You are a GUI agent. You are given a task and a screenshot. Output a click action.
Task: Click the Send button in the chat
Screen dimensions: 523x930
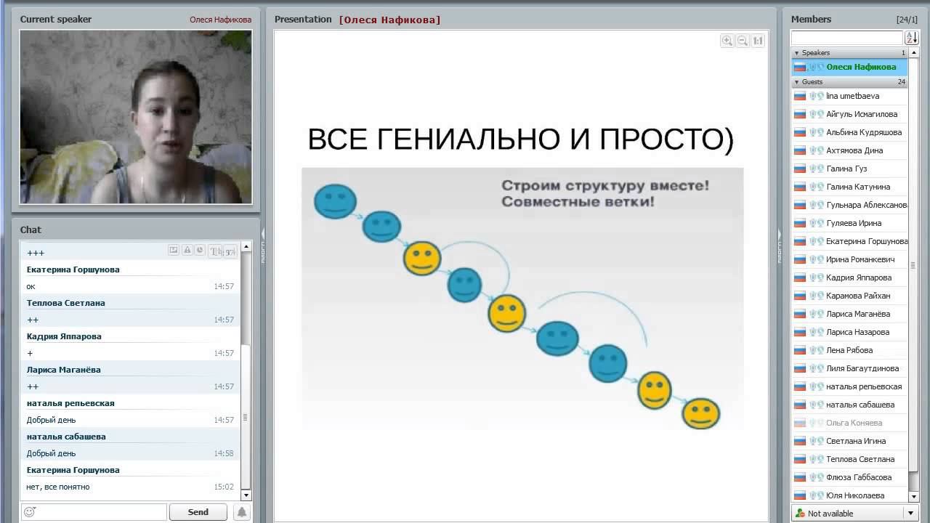[x=198, y=512]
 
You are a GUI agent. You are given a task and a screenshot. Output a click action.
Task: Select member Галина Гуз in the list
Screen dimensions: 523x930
[x=846, y=169]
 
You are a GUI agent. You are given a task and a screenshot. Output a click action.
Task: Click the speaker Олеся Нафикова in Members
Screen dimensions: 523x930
[x=860, y=67]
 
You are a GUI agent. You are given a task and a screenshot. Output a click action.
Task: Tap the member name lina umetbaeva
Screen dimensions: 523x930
[x=852, y=96]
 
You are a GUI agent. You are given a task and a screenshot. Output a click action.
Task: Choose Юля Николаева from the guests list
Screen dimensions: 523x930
[x=854, y=495]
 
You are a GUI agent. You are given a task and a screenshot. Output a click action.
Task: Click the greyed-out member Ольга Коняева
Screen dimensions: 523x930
[x=854, y=423]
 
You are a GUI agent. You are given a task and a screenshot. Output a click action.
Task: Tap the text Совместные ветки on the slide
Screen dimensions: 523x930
[x=577, y=201]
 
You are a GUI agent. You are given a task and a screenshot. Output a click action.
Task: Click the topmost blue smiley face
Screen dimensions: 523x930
[x=335, y=201]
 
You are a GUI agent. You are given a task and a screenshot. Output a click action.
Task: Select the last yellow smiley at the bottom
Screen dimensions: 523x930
[x=700, y=413]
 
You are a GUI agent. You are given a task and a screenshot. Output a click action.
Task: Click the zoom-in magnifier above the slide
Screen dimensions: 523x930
[x=727, y=41]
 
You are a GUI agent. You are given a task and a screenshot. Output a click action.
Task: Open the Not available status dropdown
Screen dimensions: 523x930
[x=910, y=514]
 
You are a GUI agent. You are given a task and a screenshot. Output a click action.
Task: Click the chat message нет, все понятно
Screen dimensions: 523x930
[x=58, y=487]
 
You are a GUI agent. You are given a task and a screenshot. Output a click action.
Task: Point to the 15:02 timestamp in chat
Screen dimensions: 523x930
[x=224, y=487]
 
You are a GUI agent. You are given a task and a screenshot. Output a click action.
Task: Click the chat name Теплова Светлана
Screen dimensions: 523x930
[x=65, y=303]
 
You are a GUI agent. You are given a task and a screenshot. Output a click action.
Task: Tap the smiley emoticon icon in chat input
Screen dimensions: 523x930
[x=30, y=512]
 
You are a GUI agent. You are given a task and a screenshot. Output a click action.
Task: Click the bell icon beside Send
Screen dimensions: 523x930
[x=242, y=512]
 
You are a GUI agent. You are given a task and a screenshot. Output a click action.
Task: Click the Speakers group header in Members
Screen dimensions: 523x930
[x=815, y=53]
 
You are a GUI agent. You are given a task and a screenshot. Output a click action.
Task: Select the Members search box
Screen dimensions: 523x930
[x=846, y=38]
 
